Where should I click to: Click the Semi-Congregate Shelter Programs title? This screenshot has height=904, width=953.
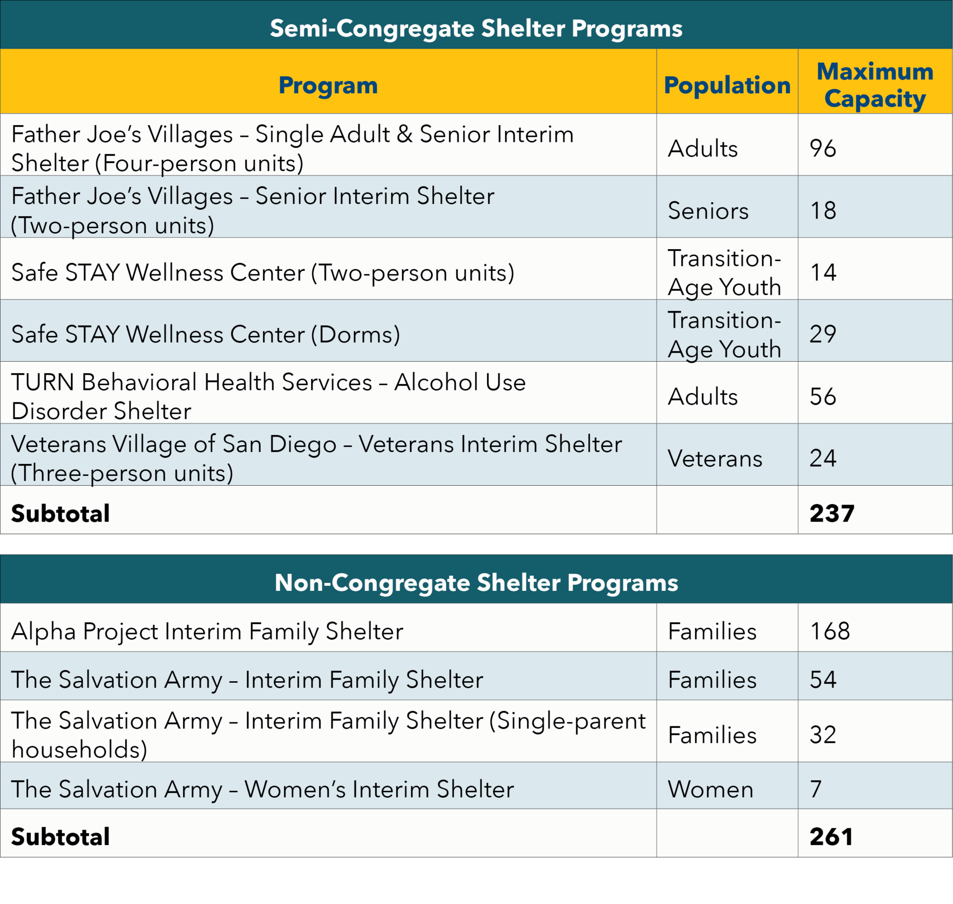(476, 28)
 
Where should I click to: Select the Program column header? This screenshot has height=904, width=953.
(328, 85)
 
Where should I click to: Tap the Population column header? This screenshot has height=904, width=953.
(727, 85)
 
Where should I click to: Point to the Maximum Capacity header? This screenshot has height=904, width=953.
(875, 85)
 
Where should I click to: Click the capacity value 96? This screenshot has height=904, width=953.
(822, 148)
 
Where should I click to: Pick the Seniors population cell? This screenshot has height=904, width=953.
(708, 210)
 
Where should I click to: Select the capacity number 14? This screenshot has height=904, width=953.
(823, 272)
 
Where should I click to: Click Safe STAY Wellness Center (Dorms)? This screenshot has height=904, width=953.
(205, 334)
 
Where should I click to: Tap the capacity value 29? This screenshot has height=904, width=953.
(822, 334)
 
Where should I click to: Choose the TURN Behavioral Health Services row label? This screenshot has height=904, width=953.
(268, 396)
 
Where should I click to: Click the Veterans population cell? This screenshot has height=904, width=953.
(715, 458)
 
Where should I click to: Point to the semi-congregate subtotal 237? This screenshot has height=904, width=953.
(832, 513)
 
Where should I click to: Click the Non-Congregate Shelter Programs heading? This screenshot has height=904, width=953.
(476, 582)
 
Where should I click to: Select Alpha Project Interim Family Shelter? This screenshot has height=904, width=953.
(207, 632)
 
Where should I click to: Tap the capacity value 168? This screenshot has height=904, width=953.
(830, 631)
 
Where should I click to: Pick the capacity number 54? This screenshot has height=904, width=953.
(822, 679)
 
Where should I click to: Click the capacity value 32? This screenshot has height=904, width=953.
(822, 735)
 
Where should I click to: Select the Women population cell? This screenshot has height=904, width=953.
(710, 789)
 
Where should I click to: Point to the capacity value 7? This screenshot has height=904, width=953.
(816, 789)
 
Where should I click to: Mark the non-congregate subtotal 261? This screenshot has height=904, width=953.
(831, 837)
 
